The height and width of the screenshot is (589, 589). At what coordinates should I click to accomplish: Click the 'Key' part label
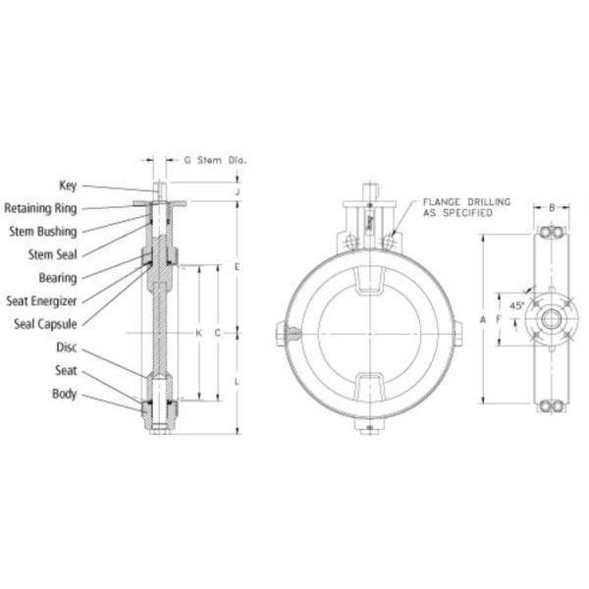[68, 185]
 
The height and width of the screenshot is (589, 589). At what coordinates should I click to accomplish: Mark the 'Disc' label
[66, 347]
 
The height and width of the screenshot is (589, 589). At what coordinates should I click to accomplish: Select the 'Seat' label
[66, 370]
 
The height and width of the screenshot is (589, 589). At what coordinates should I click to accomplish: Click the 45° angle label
[516, 305]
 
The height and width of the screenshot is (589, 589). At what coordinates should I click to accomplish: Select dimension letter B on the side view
[553, 207]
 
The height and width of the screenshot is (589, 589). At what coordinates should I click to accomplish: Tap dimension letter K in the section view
[199, 333]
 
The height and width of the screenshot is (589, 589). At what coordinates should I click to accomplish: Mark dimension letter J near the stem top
[239, 191]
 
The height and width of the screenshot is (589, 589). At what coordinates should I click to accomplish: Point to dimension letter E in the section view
[239, 267]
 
